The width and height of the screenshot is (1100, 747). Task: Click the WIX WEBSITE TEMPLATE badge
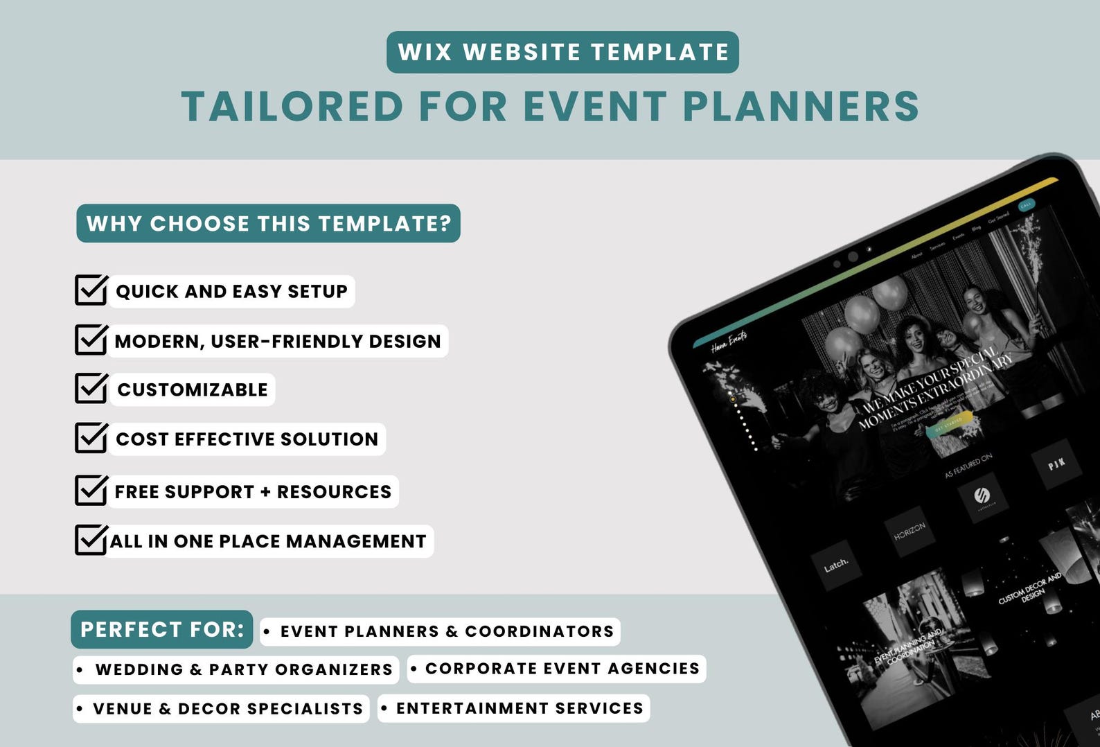pos(562,52)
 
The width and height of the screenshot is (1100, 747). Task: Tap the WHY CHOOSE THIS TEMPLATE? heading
pos(268,223)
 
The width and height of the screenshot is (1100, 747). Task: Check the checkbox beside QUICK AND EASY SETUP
pos(90,290)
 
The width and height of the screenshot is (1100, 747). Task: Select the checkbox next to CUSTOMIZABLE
pos(90,389)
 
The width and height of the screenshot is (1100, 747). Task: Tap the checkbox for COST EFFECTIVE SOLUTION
pos(90,438)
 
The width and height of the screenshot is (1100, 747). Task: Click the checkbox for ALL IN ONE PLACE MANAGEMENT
pos(90,540)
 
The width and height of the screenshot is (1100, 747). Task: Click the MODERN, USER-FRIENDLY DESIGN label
pos(277,341)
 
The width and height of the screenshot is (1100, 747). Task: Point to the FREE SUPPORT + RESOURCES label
pos(253,491)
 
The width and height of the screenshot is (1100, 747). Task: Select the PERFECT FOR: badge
pos(161,629)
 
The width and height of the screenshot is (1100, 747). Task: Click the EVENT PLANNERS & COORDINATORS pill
pos(441,631)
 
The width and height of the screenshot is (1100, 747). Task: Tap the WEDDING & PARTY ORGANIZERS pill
pos(236,669)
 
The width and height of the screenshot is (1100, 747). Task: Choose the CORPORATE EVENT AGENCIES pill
pos(556,669)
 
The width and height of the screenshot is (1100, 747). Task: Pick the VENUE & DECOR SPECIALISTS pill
pos(221,708)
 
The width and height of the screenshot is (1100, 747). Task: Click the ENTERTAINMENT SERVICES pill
pos(513,708)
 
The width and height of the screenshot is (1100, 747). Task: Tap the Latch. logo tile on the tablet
pos(836,565)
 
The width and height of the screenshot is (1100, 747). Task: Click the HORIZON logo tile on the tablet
pos(910,531)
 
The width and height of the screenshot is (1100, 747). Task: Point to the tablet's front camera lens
pos(853,256)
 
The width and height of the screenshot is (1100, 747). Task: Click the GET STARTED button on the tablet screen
pos(949,424)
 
